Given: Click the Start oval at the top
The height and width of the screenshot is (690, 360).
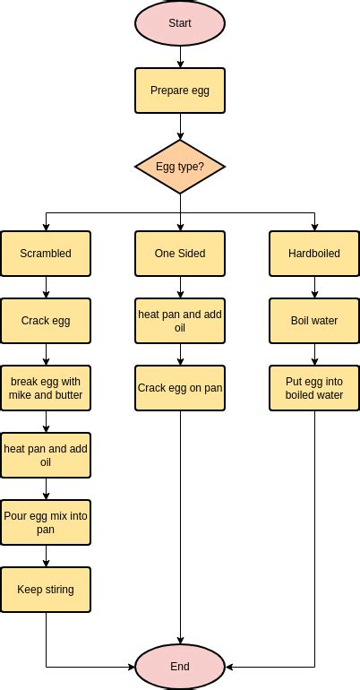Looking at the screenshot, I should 180,24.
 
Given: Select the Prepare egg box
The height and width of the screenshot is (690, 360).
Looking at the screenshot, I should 180,91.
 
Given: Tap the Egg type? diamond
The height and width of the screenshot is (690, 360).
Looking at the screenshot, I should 180,167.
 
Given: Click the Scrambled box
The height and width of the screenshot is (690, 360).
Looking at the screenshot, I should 46,254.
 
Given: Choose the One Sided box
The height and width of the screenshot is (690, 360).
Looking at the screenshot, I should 180,254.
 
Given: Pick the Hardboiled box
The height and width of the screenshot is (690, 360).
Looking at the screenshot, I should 314,254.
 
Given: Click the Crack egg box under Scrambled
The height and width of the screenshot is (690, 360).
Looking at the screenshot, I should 46,321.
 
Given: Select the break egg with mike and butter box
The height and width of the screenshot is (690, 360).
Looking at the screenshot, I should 46,388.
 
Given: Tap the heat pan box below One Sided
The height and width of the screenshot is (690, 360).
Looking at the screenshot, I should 180,321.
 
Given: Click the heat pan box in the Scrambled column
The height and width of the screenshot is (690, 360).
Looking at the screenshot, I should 46,455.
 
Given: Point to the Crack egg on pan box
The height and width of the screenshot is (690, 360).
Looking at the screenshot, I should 180,388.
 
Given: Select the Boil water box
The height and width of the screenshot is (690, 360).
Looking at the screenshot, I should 314,321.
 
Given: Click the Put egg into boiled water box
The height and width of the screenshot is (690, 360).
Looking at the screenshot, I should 314,388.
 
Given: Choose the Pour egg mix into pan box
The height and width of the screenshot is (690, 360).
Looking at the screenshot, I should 46,522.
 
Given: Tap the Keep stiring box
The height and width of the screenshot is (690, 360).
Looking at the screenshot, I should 46,590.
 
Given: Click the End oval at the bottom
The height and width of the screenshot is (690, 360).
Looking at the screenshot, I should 180,667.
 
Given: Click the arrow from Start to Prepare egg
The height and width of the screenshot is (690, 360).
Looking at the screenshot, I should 180,57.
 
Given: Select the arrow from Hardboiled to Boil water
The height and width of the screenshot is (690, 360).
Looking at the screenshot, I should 314,287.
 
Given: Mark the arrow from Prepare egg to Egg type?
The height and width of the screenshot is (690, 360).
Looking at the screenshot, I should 180,126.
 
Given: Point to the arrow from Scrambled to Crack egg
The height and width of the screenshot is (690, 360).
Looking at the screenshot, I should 46,287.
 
